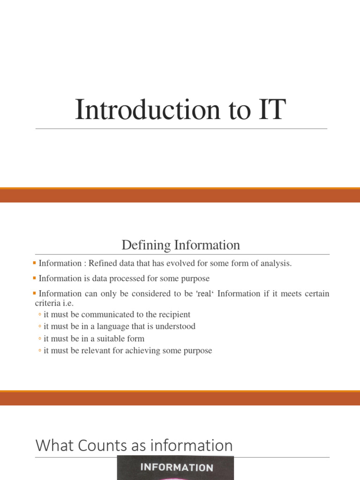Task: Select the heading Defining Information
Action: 180,245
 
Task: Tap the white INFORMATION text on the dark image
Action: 176,467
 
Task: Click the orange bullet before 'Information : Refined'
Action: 36,263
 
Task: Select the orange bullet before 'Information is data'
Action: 36,278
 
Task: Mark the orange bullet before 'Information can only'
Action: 36,293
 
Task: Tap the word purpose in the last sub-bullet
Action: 199,351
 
